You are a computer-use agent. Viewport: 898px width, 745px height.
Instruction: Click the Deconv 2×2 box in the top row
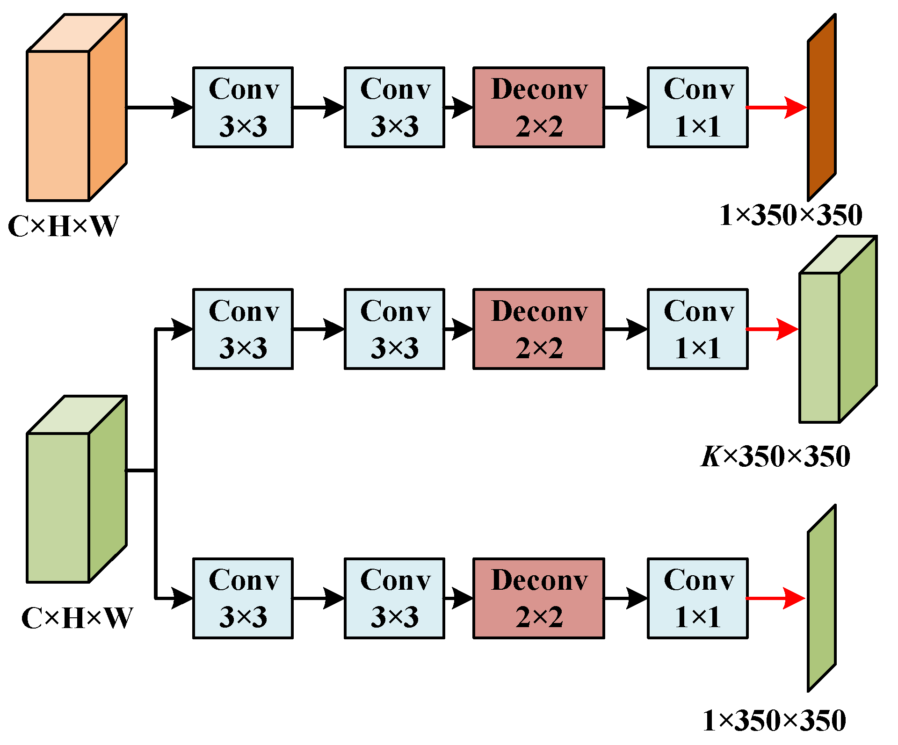tap(538, 107)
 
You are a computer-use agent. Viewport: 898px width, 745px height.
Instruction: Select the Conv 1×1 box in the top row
tap(697, 107)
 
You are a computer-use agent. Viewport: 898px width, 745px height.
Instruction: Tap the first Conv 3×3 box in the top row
tap(243, 107)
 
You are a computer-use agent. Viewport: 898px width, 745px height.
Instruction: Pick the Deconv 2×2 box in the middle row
tap(538, 329)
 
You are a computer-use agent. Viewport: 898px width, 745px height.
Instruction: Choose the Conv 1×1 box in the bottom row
tap(697, 598)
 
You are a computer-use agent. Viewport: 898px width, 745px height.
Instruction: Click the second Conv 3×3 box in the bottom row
tap(394, 598)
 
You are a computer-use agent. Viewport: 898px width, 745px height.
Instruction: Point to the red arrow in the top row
tap(776, 107)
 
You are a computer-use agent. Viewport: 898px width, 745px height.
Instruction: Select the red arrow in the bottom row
tap(775, 598)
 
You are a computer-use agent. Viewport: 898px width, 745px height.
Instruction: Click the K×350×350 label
tap(775, 456)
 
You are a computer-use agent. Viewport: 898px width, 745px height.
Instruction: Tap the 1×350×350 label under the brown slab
tap(790, 215)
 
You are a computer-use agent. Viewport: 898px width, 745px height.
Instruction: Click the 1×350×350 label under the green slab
tap(774, 720)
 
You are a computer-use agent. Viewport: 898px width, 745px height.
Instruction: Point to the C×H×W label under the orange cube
tap(63, 226)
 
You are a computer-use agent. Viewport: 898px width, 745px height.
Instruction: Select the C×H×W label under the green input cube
tap(77, 618)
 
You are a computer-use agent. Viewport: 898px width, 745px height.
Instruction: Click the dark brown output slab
tap(822, 107)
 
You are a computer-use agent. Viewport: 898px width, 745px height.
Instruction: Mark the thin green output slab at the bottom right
tap(822, 598)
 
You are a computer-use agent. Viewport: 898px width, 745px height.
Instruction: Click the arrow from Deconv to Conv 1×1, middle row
tap(626, 329)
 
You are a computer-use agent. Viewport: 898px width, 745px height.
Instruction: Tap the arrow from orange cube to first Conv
tap(159, 107)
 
